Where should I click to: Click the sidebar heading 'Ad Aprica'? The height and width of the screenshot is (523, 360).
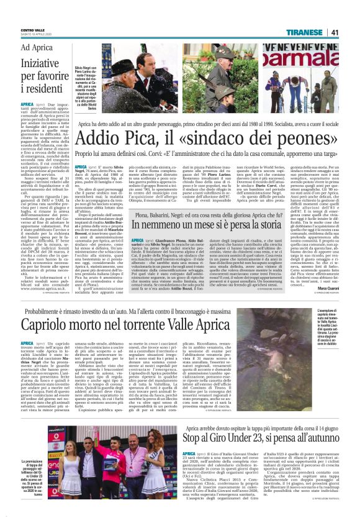pos(35,48)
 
